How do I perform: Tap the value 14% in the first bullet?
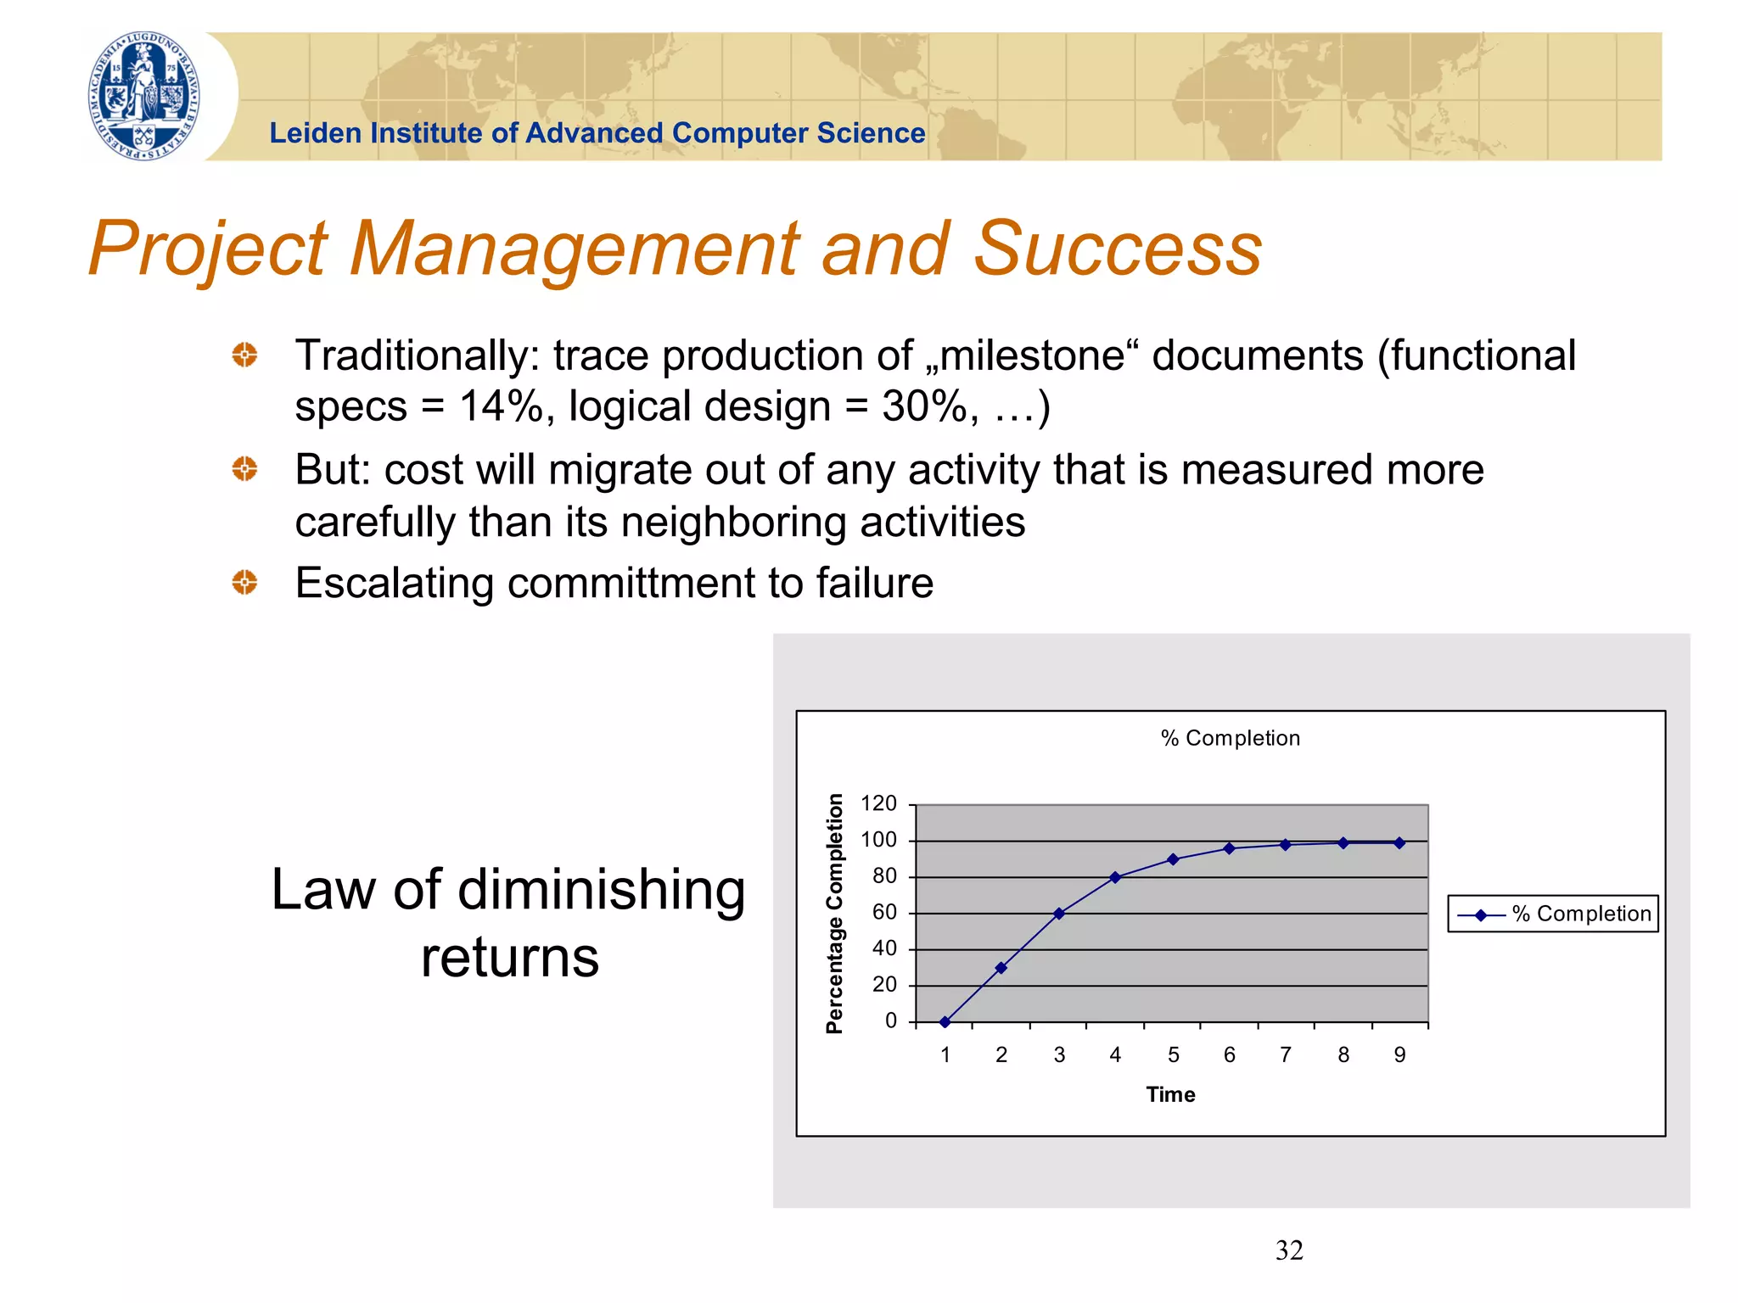point(501,406)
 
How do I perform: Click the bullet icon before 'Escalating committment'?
point(244,583)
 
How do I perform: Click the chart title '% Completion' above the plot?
point(1230,738)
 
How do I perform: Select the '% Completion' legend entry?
point(1553,914)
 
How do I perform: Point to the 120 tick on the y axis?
point(878,803)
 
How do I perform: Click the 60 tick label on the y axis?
point(884,912)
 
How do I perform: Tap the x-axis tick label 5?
point(1173,1054)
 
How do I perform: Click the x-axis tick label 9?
point(1399,1054)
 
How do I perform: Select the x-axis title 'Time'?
point(1170,1094)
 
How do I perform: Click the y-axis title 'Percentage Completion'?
point(835,913)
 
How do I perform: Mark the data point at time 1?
point(945,1021)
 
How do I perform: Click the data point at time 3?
point(1058,914)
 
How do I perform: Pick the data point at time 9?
point(1399,842)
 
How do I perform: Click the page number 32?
point(1288,1250)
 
